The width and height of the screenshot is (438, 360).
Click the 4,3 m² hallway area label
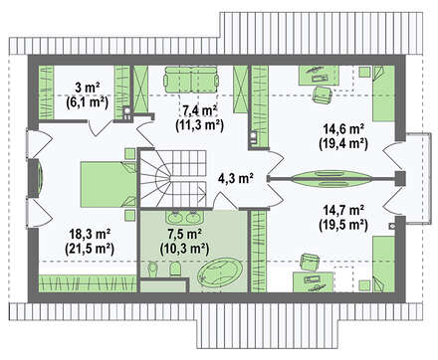[x=235, y=178]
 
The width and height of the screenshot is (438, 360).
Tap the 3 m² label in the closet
[x=88, y=89]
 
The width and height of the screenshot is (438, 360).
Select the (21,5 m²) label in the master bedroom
[x=90, y=248]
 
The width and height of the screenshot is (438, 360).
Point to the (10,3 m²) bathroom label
[x=184, y=248]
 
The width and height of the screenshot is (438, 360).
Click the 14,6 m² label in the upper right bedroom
[x=344, y=129]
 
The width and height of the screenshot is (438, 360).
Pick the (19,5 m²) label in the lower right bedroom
[x=343, y=225]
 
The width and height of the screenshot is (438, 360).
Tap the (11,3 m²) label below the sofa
[x=199, y=124]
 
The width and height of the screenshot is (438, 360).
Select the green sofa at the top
[x=191, y=80]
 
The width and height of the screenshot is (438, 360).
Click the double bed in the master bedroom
[x=109, y=184]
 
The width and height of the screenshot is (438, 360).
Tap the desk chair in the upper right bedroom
[x=322, y=94]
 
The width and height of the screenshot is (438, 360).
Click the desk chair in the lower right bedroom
[x=311, y=263]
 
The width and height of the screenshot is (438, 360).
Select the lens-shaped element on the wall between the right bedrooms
[x=331, y=179]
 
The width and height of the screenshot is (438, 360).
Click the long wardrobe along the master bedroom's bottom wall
[x=88, y=283]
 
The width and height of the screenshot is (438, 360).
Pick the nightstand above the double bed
[x=130, y=154]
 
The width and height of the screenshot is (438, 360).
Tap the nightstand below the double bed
[x=130, y=215]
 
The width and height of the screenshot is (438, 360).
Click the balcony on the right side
[x=418, y=178]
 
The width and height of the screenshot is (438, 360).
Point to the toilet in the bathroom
[x=175, y=270]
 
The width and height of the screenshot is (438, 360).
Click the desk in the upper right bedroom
[x=319, y=75]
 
